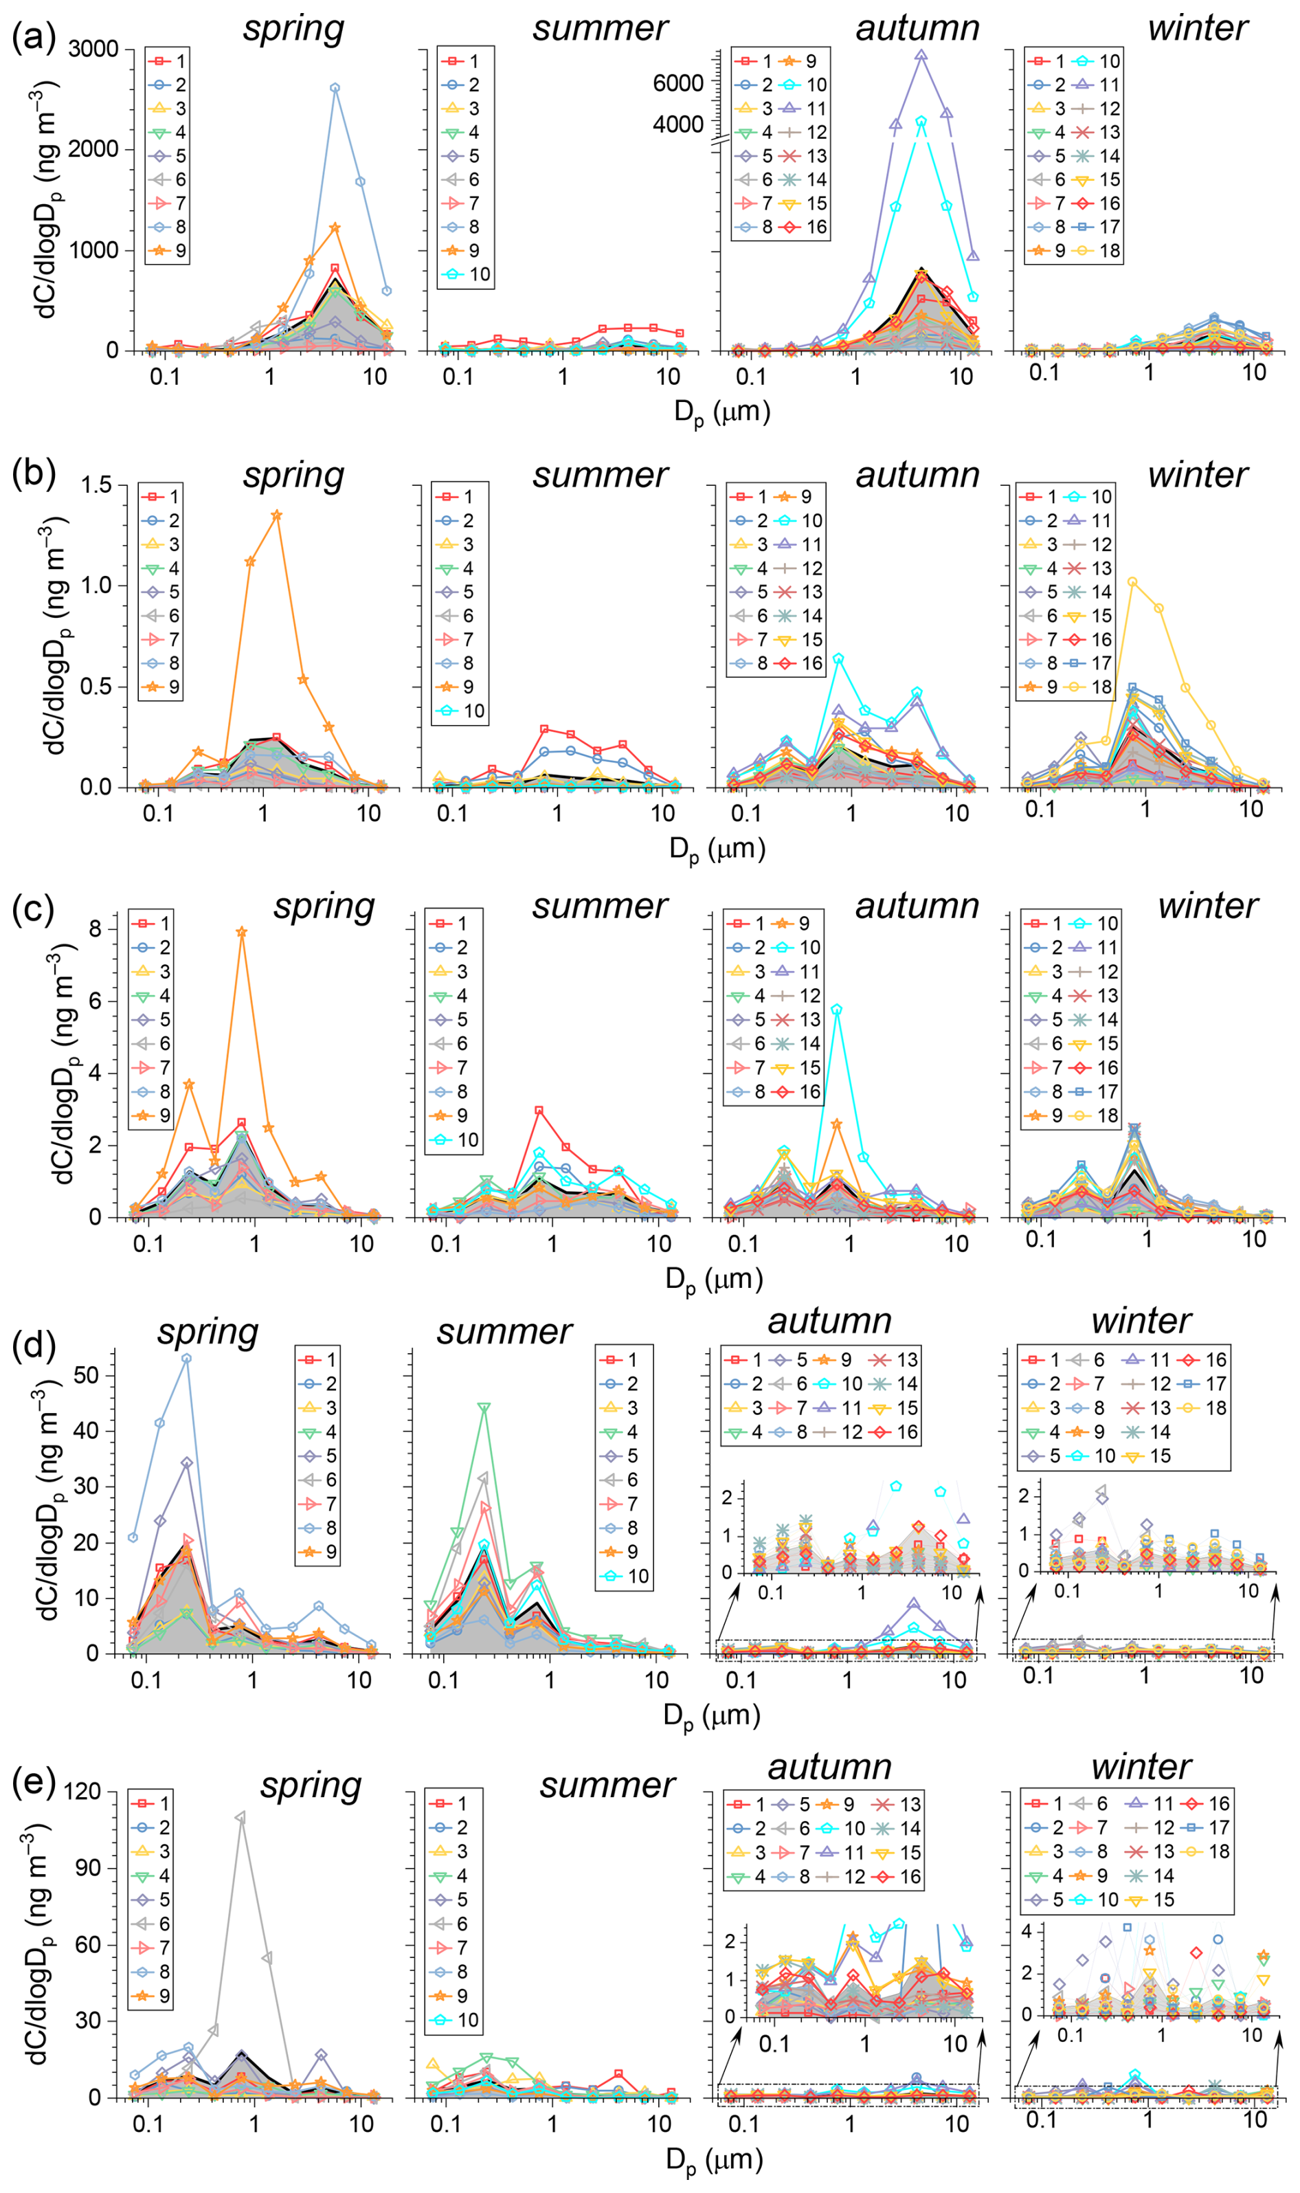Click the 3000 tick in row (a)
(x=93, y=49)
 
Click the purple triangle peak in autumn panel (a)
(x=921, y=55)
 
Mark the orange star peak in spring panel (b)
(x=277, y=515)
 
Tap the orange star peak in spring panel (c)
(x=242, y=932)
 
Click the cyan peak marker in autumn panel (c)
(x=838, y=1010)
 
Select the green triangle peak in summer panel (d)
(x=484, y=1408)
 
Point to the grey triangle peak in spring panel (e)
(x=241, y=1818)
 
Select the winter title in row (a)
(x=1198, y=28)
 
